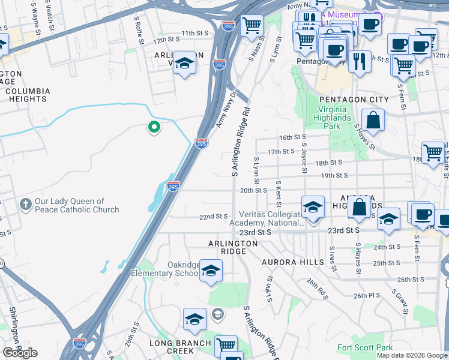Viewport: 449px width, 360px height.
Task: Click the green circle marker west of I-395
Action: (x=154, y=127)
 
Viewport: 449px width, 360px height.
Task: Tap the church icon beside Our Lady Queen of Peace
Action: (x=25, y=205)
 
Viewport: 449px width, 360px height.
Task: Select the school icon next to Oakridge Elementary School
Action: (x=211, y=271)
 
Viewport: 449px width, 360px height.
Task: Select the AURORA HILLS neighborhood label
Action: (x=289, y=262)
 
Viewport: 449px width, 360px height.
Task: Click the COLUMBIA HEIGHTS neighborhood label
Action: (x=28, y=95)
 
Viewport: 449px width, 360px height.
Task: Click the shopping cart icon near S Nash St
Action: (x=252, y=26)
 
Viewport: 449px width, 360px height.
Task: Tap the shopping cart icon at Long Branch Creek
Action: (x=226, y=346)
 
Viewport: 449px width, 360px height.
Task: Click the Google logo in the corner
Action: (x=20, y=353)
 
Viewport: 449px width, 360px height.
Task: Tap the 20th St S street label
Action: (x=253, y=190)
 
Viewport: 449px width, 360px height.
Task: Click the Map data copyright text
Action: (x=411, y=355)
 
